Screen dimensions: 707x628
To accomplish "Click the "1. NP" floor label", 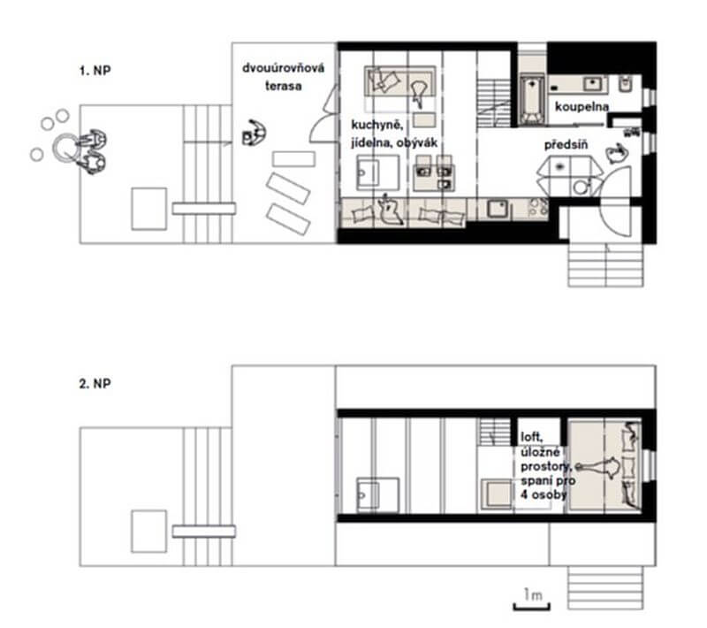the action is tap(95, 71).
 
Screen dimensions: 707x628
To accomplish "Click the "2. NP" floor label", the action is tap(95, 384).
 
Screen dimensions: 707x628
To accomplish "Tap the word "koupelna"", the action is tap(582, 107).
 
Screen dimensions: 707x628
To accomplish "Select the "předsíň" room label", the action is tap(566, 145).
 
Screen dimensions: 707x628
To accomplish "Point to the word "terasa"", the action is tap(283, 86).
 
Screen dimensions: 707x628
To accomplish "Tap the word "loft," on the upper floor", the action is tap(532, 437).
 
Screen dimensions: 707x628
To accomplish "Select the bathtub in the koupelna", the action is tap(532, 100).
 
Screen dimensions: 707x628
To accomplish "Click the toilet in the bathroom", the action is tap(625, 84).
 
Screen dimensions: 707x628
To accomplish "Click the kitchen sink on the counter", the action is tap(498, 209).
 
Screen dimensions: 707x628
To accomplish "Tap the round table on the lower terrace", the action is tap(65, 148).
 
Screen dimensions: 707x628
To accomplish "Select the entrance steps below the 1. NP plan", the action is tap(605, 265).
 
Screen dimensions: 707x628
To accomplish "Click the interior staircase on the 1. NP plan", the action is tap(494, 103).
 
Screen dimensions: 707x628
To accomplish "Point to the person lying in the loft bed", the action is tap(600, 466).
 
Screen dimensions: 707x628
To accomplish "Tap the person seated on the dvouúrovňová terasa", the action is tap(255, 133).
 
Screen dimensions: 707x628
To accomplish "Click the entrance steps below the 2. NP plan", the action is tap(605, 587).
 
